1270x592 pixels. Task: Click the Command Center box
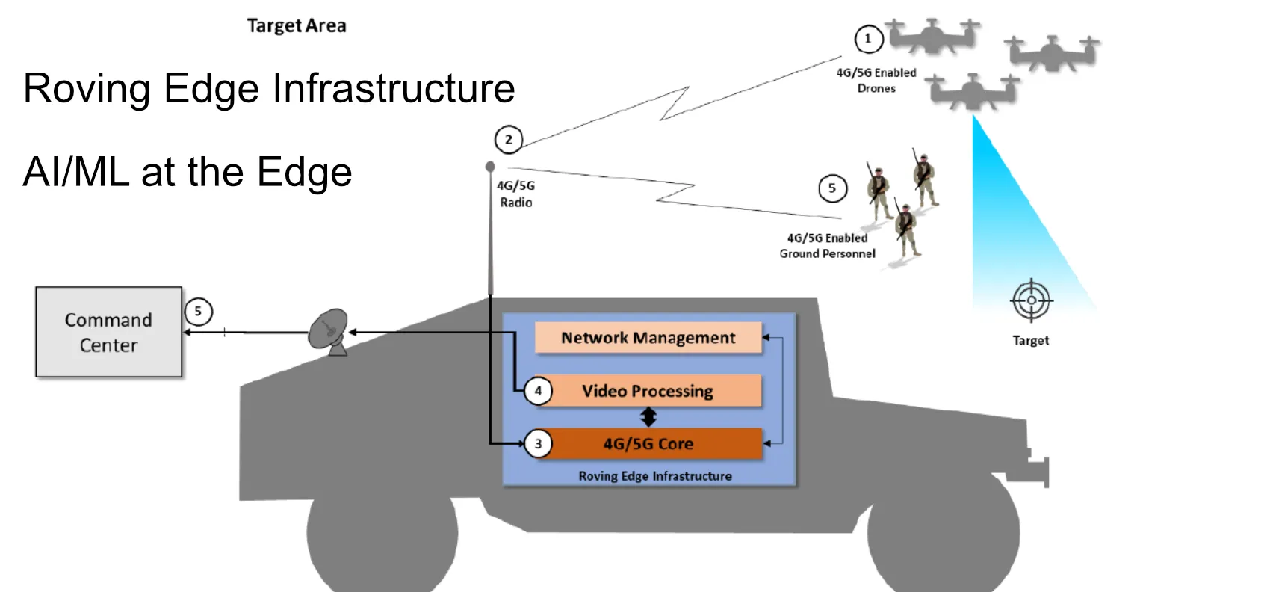(108, 332)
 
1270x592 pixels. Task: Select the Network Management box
(648, 338)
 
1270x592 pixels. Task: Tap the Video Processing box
(648, 391)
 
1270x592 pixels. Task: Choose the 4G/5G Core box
(648, 443)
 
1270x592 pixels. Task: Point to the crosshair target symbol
(1031, 300)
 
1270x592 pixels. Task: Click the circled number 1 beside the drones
(868, 39)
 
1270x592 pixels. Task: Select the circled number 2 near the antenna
(509, 140)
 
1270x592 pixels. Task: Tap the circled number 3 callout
(538, 443)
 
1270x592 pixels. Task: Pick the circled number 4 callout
(538, 390)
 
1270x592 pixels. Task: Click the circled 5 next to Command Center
(198, 312)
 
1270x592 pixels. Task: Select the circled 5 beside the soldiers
(832, 188)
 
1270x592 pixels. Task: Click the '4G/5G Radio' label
(516, 194)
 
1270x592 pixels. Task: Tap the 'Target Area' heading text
(297, 26)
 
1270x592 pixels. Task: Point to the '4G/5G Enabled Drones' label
(876, 80)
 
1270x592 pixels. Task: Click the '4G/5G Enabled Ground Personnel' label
(827, 246)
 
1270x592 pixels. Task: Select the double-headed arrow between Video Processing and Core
(648, 417)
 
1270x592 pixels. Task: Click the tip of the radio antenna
(490, 166)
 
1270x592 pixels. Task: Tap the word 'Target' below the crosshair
(1030, 340)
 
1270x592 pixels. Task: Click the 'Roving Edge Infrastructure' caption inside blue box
(654, 476)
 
